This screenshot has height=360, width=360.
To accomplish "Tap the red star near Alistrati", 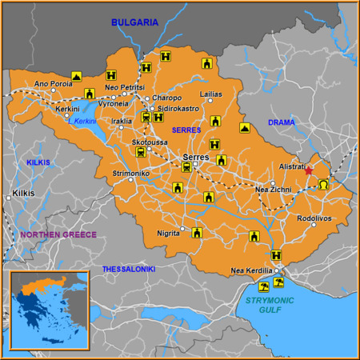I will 310,170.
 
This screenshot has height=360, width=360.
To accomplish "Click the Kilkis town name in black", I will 24,194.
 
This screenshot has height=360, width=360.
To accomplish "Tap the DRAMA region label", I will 281,122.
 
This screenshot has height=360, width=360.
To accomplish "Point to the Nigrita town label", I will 168,233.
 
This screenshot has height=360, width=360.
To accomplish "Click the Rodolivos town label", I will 314,217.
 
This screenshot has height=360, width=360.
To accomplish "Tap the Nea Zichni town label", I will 273,190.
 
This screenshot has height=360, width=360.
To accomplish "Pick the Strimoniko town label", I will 131,173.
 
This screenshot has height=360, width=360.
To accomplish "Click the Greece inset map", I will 48,309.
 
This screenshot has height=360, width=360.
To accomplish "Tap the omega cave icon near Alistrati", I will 323,185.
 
